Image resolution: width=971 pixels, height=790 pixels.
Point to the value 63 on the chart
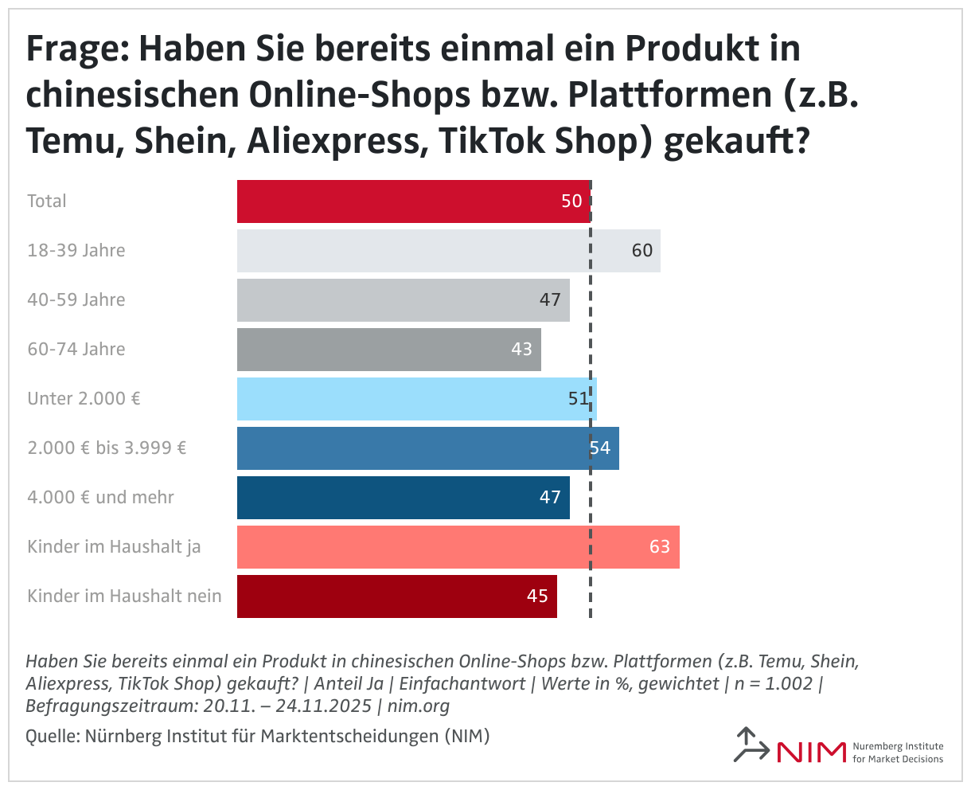(659, 547)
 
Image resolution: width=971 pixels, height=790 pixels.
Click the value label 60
(641, 251)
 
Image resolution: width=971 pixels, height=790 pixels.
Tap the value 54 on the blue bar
(600, 448)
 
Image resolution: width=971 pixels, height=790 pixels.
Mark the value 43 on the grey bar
(521, 350)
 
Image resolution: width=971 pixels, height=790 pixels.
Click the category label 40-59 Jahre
(76, 300)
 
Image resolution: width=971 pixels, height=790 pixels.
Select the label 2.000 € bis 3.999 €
(107, 448)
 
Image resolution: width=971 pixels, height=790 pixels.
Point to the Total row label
(47, 201)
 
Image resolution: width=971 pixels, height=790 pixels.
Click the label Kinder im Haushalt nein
(124, 596)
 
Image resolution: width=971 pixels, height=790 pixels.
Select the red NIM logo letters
(810, 752)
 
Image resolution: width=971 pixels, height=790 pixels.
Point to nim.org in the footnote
(419, 706)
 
